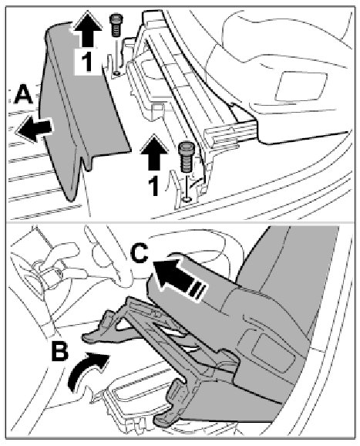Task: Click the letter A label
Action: (23, 95)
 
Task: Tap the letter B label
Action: (60, 352)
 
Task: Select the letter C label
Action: (140, 254)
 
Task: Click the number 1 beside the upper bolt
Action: (87, 62)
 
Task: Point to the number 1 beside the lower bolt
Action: (153, 186)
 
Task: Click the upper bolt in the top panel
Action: (115, 25)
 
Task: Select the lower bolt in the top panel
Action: (186, 157)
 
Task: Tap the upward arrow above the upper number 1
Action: (88, 29)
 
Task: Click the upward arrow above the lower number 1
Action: (154, 153)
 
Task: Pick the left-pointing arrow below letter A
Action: (35, 129)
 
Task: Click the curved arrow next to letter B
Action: (86, 370)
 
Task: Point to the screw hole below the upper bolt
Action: (116, 74)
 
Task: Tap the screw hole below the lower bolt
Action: (187, 199)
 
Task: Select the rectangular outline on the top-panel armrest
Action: (301, 86)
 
